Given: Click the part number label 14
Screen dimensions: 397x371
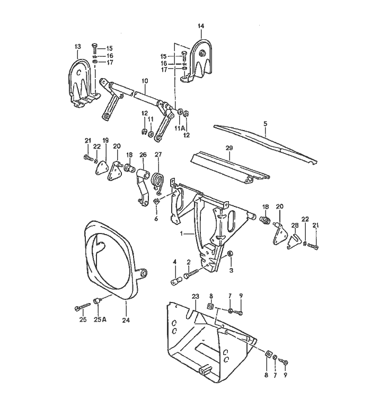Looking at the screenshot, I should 201,26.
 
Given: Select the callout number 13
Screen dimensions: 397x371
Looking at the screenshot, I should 77,47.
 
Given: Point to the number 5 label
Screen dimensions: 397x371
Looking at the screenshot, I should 265,123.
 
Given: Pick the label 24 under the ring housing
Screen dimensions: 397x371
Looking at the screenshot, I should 126,320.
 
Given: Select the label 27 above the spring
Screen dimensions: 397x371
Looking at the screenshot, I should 157,156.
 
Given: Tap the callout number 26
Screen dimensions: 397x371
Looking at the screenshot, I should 142,156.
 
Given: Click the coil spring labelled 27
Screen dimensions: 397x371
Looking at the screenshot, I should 157,181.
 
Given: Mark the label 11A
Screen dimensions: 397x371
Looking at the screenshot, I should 180,128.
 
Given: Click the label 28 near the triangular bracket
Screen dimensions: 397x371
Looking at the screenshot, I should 295,225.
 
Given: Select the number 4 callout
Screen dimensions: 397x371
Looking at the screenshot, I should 174,262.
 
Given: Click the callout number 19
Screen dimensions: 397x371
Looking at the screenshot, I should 105,141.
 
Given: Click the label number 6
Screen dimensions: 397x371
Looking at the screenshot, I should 156,218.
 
